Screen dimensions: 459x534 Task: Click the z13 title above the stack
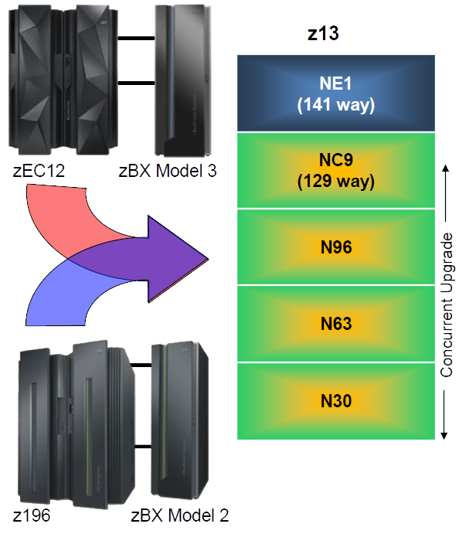point(323,34)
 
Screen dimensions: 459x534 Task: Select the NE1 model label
point(335,83)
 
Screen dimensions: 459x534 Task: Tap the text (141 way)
point(335,104)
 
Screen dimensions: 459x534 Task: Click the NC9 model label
point(335,160)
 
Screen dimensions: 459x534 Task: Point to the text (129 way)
point(335,181)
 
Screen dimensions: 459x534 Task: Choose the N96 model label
point(336,247)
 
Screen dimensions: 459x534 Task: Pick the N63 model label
point(336,324)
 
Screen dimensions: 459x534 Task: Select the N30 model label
point(336,401)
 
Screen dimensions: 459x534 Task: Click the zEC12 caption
point(39,171)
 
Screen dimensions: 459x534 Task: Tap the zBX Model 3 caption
point(168,171)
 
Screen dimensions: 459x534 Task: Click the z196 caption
point(32,515)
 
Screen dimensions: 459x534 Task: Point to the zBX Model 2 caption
point(179,515)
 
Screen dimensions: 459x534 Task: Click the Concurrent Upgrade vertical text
point(447,304)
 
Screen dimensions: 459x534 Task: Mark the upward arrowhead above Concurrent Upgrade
point(445,168)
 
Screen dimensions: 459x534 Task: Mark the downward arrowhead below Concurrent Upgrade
point(444,436)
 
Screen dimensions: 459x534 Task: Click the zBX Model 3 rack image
point(183,80)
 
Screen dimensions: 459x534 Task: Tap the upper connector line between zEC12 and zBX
point(136,38)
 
